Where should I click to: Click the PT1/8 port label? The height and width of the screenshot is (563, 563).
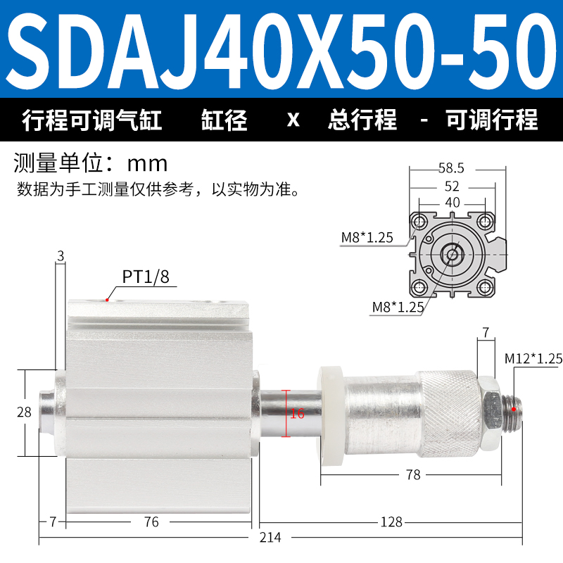(146, 277)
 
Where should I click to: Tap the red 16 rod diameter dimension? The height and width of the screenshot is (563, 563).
(297, 414)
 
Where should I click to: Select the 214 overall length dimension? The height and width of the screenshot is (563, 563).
(270, 538)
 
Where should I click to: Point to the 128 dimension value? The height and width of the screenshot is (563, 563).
(391, 522)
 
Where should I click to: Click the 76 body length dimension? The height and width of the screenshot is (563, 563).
(151, 522)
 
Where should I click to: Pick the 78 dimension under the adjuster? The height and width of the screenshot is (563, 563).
(413, 474)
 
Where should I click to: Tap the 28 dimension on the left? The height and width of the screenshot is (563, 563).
(24, 412)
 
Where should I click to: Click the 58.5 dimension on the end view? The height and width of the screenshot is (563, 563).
(451, 168)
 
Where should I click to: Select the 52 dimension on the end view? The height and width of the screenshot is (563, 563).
(452, 186)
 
